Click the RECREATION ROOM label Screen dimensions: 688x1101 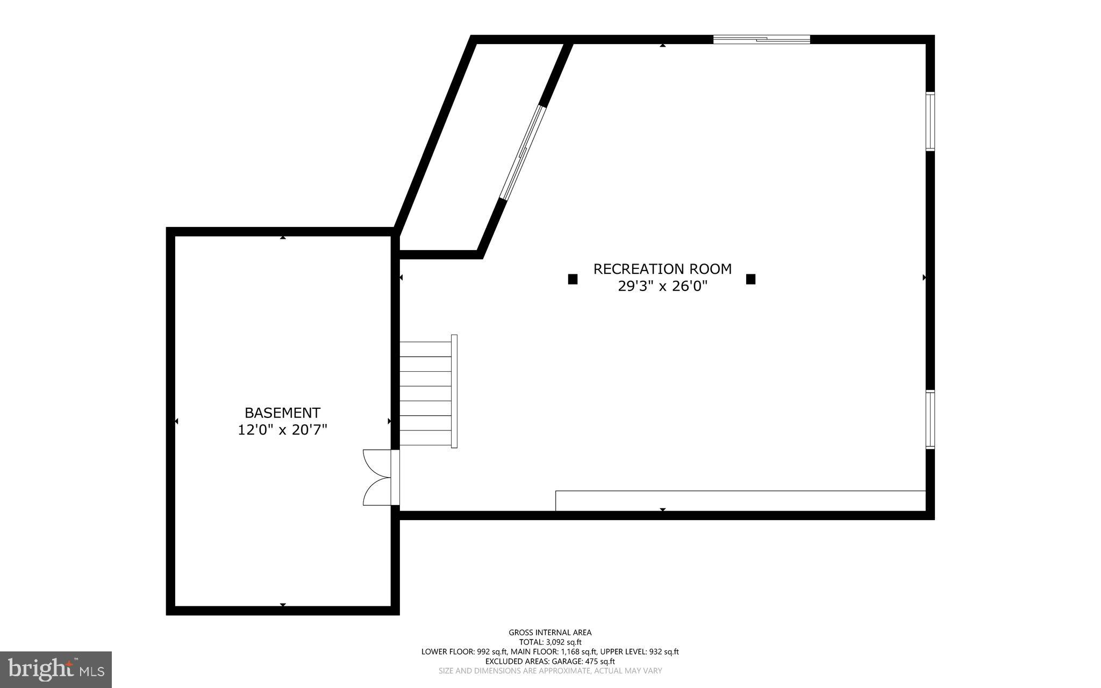pyautogui.click(x=662, y=269)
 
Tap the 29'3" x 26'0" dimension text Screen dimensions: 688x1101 pyautogui.click(x=662, y=286)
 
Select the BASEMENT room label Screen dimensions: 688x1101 pyautogui.click(x=282, y=413)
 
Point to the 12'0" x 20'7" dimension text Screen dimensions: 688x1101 pyautogui.click(x=282, y=430)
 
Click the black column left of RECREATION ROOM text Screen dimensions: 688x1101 pyautogui.click(x=573, y=279)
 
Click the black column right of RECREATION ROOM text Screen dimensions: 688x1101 pyautogui.click(x=750, y=279)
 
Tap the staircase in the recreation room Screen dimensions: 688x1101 pyautogui.click(x=427, y=393)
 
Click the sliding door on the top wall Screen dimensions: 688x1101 pyautogui.click(x=761, y=39)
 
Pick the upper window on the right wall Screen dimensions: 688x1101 pyautogui.click(x=930, y=122)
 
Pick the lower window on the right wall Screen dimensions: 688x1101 pyautogui.click(x=930, y=420)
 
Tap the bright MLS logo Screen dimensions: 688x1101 pyautogui.click(x=56, y=669)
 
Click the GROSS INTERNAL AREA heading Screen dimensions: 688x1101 pyautogui.click(x=550, y=633)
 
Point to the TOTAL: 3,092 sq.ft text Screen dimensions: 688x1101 pyautogui.click(x=550, y=642)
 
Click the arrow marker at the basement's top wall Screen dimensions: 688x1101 pyautogui.click(x=283, y=237)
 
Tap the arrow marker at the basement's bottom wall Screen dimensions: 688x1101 pyautogui.click(x=283, y=605)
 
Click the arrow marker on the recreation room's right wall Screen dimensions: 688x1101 pyautogui.click(x=924, y=278)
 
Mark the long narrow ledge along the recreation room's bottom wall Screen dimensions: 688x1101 pyautogui.click(x=740, y=501)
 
